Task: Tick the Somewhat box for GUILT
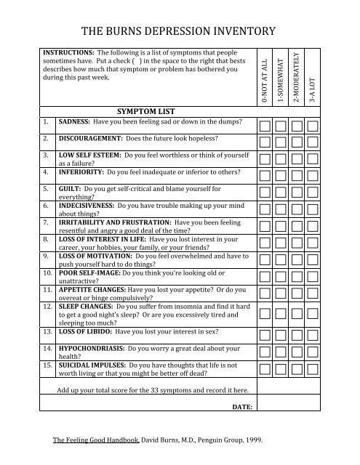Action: click(281, 192)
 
